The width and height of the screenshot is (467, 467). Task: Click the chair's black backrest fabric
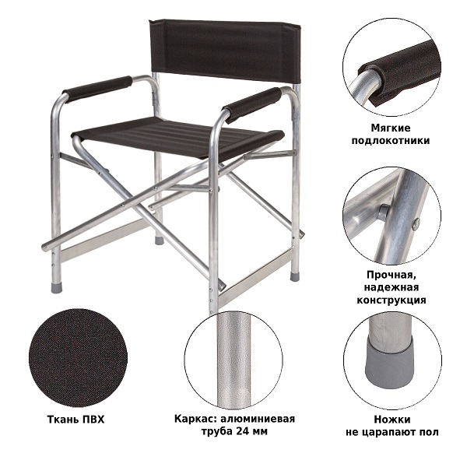(222, 49)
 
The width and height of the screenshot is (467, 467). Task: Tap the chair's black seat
(177, 138)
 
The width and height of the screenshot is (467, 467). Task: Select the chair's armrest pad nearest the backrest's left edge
(97, 89)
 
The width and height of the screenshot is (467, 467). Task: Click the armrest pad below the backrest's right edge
(252, 104)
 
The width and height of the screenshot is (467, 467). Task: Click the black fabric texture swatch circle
(78, 358)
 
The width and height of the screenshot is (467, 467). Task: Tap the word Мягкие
(391, 128)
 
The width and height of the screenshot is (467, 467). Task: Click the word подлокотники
(391, 141)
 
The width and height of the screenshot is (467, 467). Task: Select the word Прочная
(391, 275)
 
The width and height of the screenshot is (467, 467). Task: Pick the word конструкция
(392, 300)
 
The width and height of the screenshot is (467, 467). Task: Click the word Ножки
(392, 420)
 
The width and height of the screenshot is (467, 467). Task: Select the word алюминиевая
(258, 419)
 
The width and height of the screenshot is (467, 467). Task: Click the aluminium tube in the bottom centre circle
(233, 360)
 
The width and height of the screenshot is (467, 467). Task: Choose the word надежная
(391, 287)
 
